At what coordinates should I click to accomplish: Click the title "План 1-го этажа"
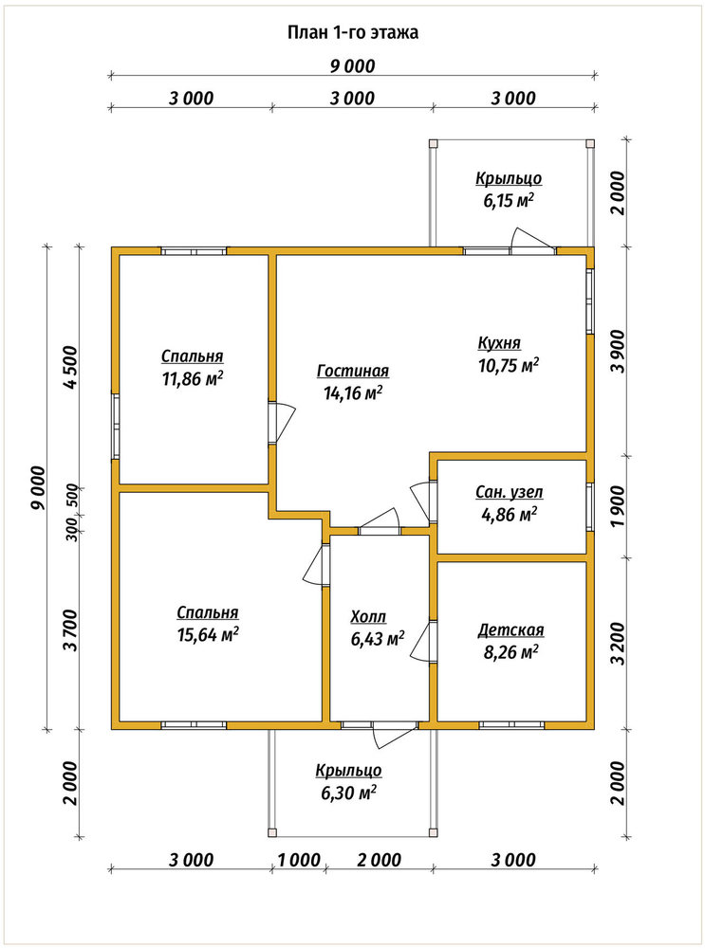pyautogui.click(x=352, y=32)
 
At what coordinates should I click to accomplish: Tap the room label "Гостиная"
pyautogui.click(x=353, y=371)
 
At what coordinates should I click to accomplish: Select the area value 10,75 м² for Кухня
pyautogui.click(x=509, y=365)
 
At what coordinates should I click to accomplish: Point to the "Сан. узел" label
pyautogui.click(x=509, y=493)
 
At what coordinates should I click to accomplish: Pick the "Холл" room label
pyautogui.click(x=368, y=617)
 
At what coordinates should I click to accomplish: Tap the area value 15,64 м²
pyautogui.click(x=208, y=635)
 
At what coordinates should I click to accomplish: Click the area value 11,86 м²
pyautogui.click(x=192, y=379)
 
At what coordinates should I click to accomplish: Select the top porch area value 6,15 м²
pyautogui.click(x=509, y=201)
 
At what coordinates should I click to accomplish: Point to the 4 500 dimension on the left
pyautogui.click(x=70, y=368)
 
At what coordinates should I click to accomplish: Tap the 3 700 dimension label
pyautogui.click(x=70, y=630)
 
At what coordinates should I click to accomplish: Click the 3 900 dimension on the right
pyautogui.click(x=618, y=353)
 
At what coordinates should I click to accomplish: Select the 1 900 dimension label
pyautogui.click(x=618, y=506)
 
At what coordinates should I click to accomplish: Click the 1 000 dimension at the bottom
pyautogui.click(x=299, y=860)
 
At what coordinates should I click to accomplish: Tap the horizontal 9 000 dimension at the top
pyautogui.click(x=352, y=66)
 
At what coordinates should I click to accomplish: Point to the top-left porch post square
pyautogui.click(x=433, y=143)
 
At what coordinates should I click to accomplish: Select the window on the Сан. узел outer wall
pyautogui.click(x=590, y=506)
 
